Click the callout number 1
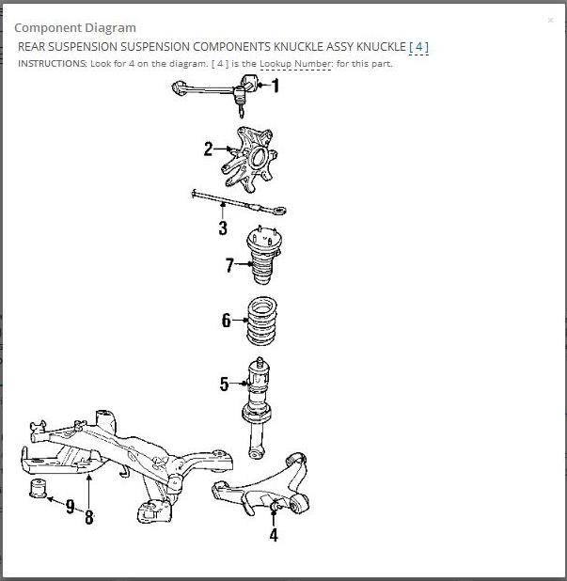click(275, 86)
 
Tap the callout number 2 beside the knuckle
click(208, 149)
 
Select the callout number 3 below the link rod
click(223, 228)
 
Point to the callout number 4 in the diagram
click(274, 535)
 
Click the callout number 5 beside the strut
click(224, 384)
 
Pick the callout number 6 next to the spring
click(226, 321)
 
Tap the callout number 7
click(229, 265)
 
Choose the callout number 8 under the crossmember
click(89, 517)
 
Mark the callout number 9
click(70, 507)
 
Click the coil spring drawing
click(261, 321)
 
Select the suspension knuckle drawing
click(249, 160)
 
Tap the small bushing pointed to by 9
click(38, 489)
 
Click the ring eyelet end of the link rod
click(279, 211)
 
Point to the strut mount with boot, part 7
click(263, 255)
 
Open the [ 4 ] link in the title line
click(418, 47)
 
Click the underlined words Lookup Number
click(295, 64)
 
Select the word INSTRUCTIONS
click(53, 64)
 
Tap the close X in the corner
click(551, 20)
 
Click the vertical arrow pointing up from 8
click(89, 492)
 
